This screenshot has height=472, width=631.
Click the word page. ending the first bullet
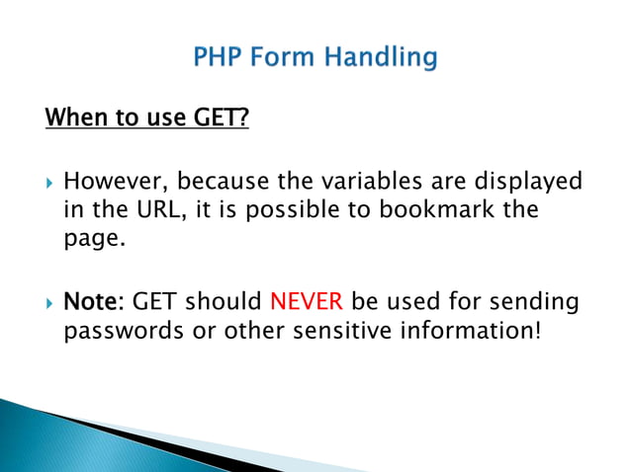click(x=96, y=238)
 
